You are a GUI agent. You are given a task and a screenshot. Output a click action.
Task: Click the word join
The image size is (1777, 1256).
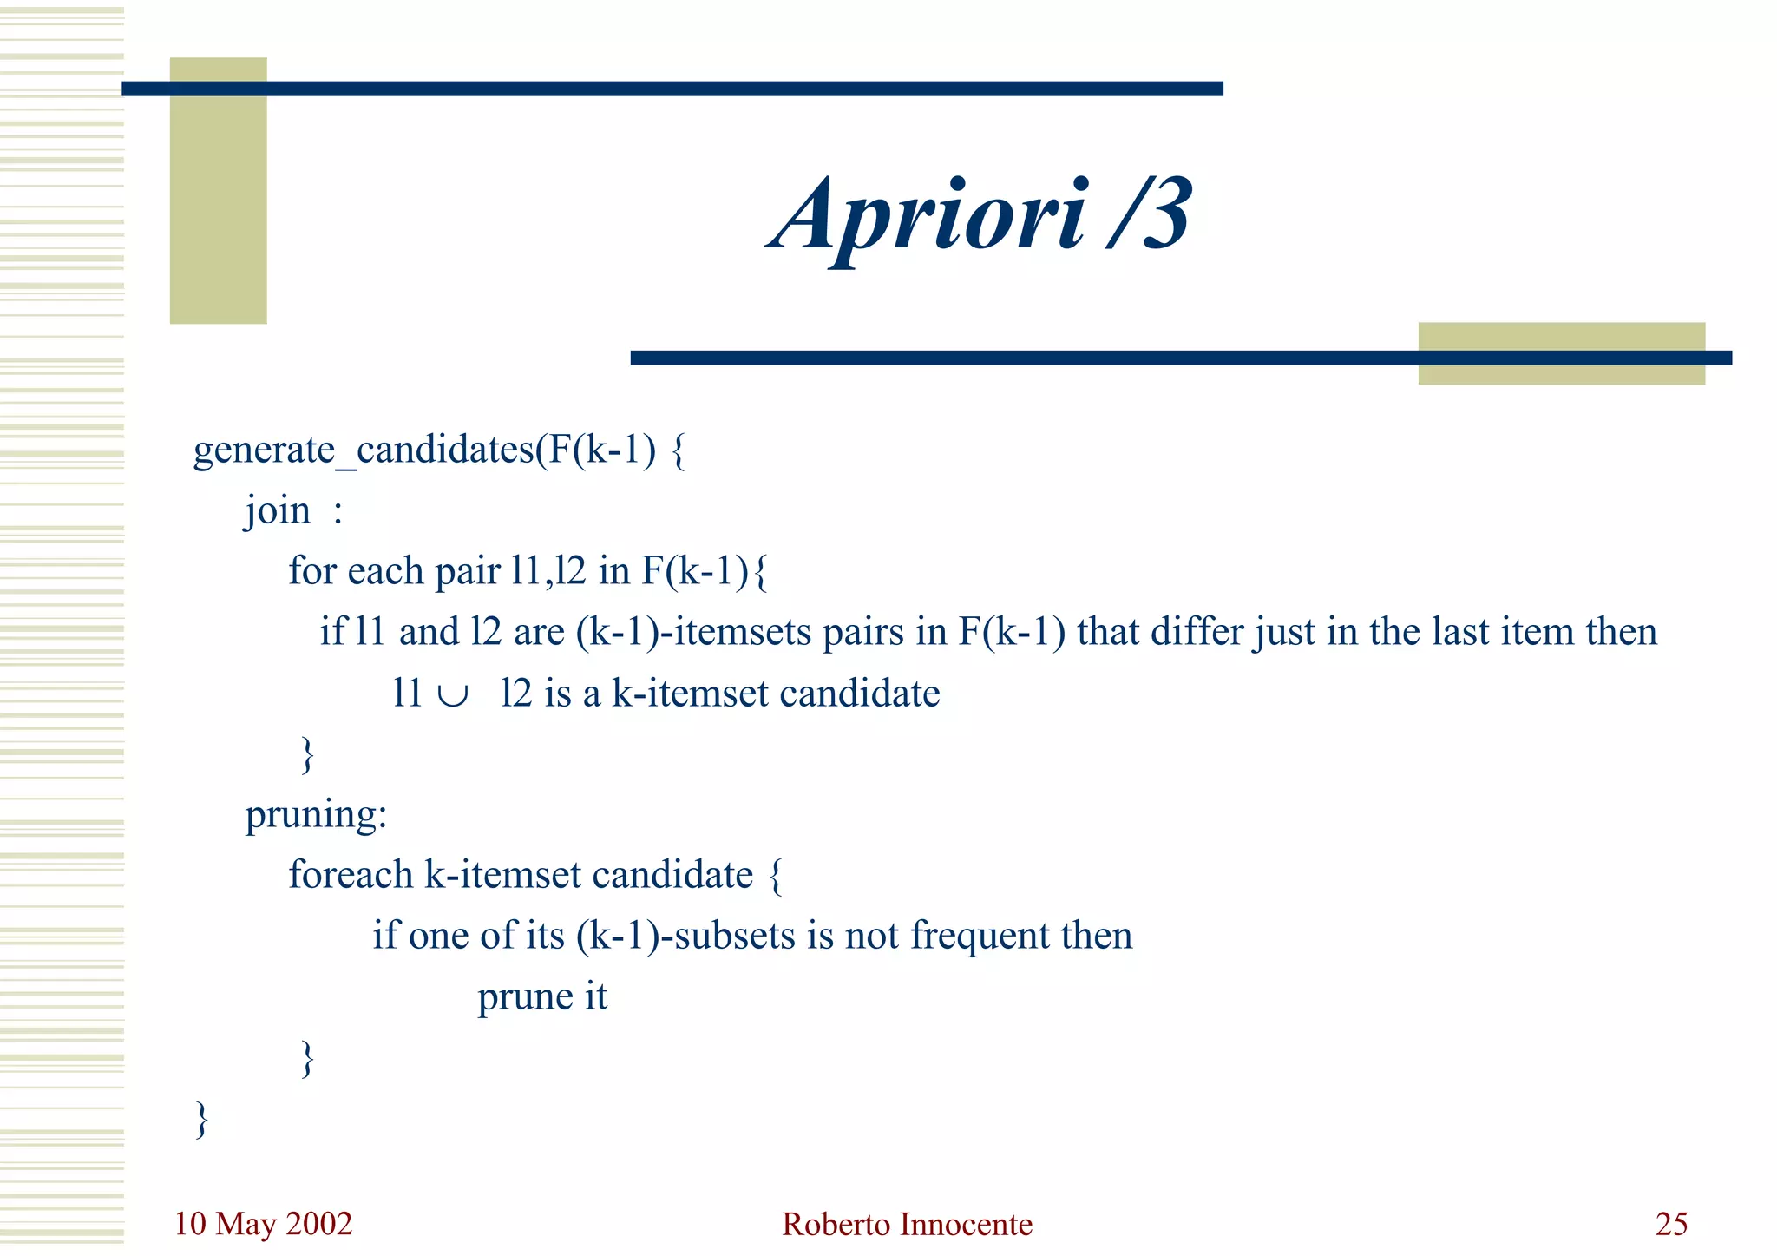tap(278, 510)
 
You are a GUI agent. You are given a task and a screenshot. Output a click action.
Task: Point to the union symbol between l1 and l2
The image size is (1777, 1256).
tap(453, 694)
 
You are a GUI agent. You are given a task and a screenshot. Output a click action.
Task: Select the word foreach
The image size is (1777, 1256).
tap(351, 875)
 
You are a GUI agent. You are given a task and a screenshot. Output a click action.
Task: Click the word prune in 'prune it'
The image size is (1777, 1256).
tap(524, 997)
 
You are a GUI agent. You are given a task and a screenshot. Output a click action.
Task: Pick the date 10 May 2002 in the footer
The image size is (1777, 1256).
tap(263, 1224)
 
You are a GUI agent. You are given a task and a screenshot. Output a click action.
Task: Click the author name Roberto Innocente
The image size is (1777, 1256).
tap(907, 1225)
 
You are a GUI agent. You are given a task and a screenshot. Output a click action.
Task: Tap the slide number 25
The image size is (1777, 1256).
tap(1671, 1225)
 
